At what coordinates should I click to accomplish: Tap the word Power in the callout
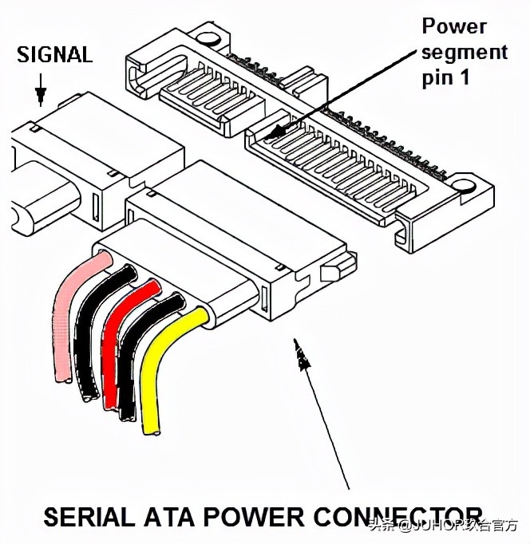454,26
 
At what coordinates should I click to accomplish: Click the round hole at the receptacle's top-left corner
205,37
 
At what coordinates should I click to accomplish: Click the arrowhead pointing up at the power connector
302,356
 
